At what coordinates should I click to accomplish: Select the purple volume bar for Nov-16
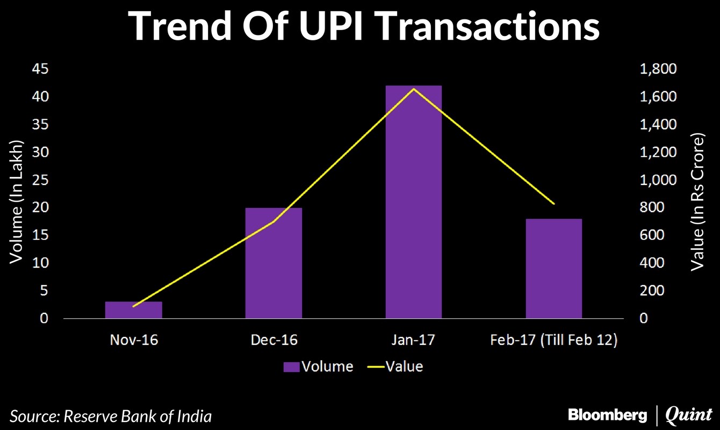[133, 310]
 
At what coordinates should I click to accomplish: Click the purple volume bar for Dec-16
[273, 263]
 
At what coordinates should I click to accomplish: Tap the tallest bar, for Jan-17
[414, 202]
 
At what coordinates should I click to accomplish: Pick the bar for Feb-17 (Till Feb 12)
[553, 269]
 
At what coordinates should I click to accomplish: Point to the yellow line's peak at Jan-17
[414, 89]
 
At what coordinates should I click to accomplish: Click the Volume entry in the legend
[318, 367]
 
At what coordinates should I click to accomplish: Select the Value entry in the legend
[395, 367]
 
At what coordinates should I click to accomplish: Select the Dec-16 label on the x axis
[273, 340]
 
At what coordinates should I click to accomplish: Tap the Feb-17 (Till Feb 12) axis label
[553, 340]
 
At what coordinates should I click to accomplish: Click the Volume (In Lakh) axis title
[17, 202]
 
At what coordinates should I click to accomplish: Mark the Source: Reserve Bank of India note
[111, 415]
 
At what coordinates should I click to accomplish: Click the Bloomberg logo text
[607, 415]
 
